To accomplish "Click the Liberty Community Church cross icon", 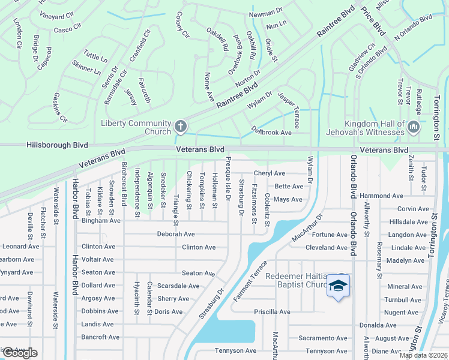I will [x=180, y=127].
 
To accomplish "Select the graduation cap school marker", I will [x=338, y=286].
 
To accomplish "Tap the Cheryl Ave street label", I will [x=269, y=173].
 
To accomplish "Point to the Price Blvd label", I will [x=373, y=21].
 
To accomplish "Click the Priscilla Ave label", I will [x=273, y=312].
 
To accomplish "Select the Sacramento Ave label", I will [x=326, y=338].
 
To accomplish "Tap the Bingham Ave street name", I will [x=101, y=221].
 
